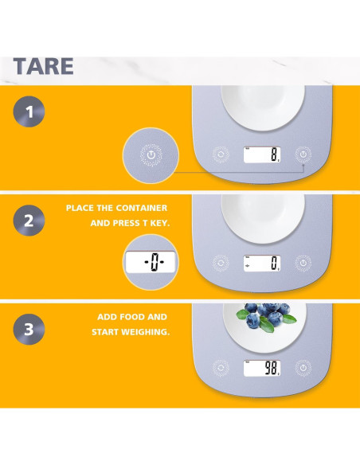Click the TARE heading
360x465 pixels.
pyautogui.click(x=43, y=66)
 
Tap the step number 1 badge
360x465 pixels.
pyautogui.click(x=29, y=111)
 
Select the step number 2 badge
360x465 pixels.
pyautogui.click(x=29, y=221)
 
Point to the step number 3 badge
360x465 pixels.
pyautogui.click(x=29, y=329)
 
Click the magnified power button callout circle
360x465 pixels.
pyautogui.click(x=151, y=155)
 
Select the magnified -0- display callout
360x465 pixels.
pyautogui.click(x=151, y=262)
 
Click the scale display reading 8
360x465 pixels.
pyautogui.click(x=262, y=154)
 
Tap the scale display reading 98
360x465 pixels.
pyautogui.click(x=262, y=369)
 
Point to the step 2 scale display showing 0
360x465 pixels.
pyautogui.click(x=262, y=263)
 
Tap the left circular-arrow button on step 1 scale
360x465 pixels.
pyautogui.click(x=221, y=154)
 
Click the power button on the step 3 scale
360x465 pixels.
pyautogui.click(x=303, y=368)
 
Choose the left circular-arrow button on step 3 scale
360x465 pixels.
pyautogui.click(x=221, y=368)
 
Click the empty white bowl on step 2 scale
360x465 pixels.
pyautogui.click(x=263, y=219)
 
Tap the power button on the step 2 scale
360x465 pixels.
pyautogui.click(x=303, y=263)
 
